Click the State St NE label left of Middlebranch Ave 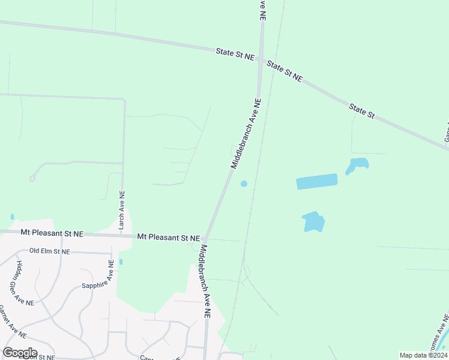pos(235,54)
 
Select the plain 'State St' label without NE pos(362,110)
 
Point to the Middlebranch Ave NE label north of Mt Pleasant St pos(246,133)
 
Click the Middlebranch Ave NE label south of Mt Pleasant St pos(206,281)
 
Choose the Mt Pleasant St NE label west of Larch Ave pos(52,232)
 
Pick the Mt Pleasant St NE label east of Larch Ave pos(169,238)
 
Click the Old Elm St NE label pos(50,251)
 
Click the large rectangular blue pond pos(317,181)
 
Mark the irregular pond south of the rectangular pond pos(313,221)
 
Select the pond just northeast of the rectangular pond pos(357,165)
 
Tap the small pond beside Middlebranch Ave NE pos(244,183)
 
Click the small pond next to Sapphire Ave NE pos(121,262)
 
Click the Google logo pos(20,352)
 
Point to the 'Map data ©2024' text pos(423,355)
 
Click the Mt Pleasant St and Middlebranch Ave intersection pos(205,238)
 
